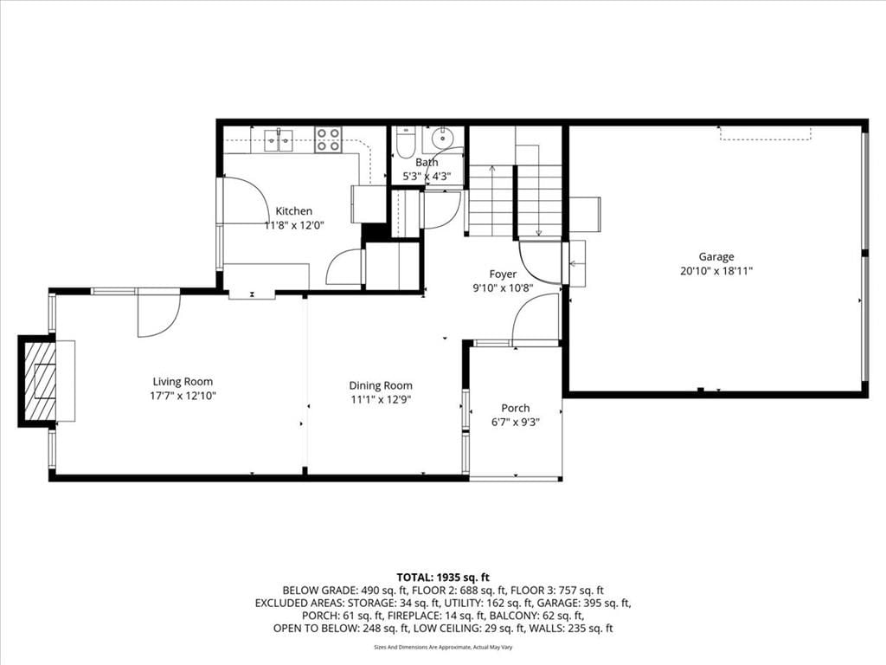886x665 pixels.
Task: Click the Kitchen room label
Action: [294, 211]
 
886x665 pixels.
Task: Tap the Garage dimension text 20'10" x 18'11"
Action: [716, 271]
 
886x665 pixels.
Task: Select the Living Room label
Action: [183, 382]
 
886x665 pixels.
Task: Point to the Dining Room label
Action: [381, 385]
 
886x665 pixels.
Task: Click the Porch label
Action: [516, 408]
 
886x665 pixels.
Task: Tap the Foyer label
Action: [503, 274]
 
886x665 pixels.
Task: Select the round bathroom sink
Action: [442, 138]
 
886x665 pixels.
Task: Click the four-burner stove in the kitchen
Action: [328, 139]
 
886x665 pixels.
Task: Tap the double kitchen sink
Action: [279, 140]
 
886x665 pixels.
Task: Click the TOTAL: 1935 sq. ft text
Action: [443, 578]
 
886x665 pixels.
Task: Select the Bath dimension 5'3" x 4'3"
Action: [427, 176]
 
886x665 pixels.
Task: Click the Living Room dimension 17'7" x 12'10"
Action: [183, 396]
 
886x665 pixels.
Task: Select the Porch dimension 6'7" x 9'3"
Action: [516, 422]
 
